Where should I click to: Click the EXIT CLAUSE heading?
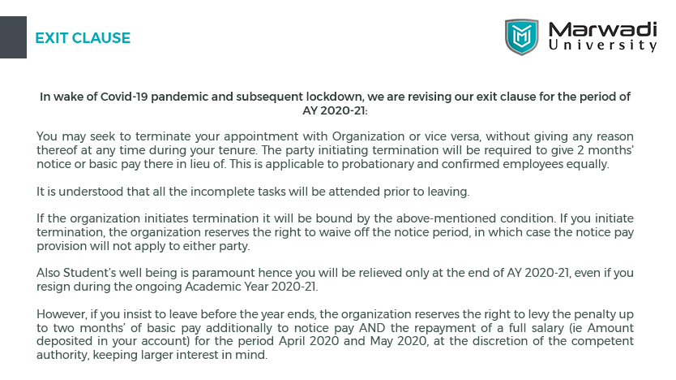click(x=83, y=38)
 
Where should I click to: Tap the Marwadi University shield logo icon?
click(x=521, y=37)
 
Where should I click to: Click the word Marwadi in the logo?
click(x=602, y=29)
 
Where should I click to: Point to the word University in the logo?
click(x=602, y=46)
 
